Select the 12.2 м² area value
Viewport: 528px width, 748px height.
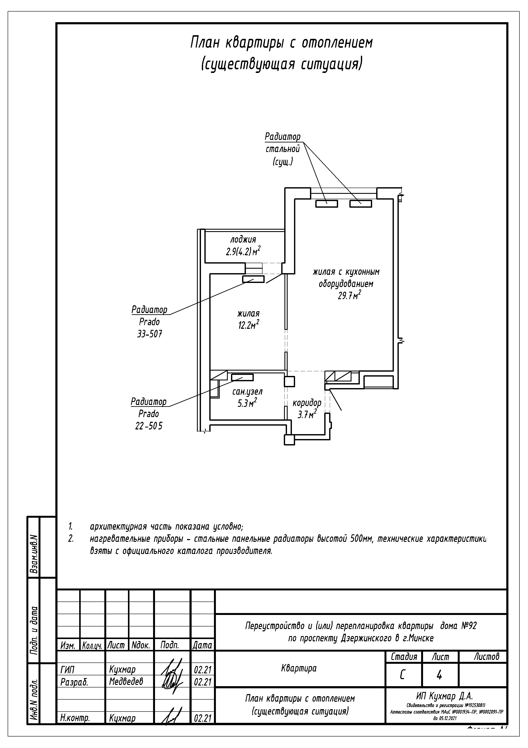(248, 325)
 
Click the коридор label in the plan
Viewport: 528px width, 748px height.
(307, 403)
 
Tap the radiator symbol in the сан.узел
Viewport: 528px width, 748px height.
(242, 377)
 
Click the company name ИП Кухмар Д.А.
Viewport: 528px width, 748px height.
(444, 696)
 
